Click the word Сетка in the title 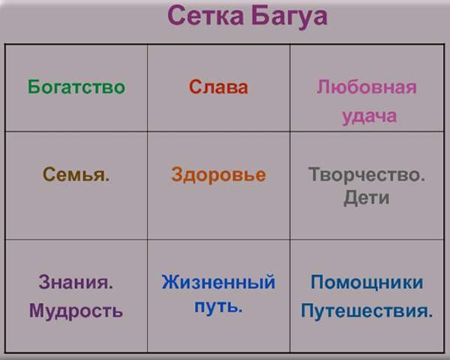pos(205,16)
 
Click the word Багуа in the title pos(289,17)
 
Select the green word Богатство pos(76,87)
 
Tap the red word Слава pos(218,87)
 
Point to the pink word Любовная pos(367,87)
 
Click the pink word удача pos(369,117)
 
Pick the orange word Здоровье pos(218,175)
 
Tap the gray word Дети pos(367,197)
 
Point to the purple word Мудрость pos(76,310)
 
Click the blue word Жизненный pos(218,282)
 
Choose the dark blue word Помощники pos(367,283)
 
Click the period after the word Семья pos(107,180)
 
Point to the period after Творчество pos(422,180)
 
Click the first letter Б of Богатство pos(33,87)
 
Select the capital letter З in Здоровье pos(177,174)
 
